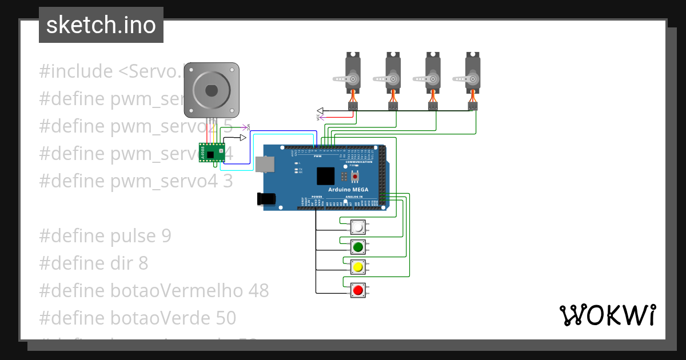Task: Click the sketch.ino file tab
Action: pyautogui.click(x=101, y=25)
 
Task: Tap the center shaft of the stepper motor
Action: pyautogui.click(x=211, y=90)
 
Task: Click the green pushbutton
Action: pyautogui.click(x=358, y=247)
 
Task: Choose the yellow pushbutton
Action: pyautogui.click(x=358, y=267)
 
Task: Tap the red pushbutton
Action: pyautogui.click(x=358, y=290)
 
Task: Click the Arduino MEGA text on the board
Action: pyautogui.click(x=348, y=189)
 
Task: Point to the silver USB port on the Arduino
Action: pyautogui.click(x=265, y=165)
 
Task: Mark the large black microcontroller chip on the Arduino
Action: pyautogui.click(x=325, y=176)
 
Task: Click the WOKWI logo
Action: pyautogui.click(x=607, y=315)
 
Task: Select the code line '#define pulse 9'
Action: pyautogui.click(x=105, y=236)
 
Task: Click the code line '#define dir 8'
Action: pyautogui.click(x=94, y=263)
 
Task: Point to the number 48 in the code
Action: pyautogui.click(x=258, y=290)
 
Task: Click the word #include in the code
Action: pyautogui.click(x=76, y=71)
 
